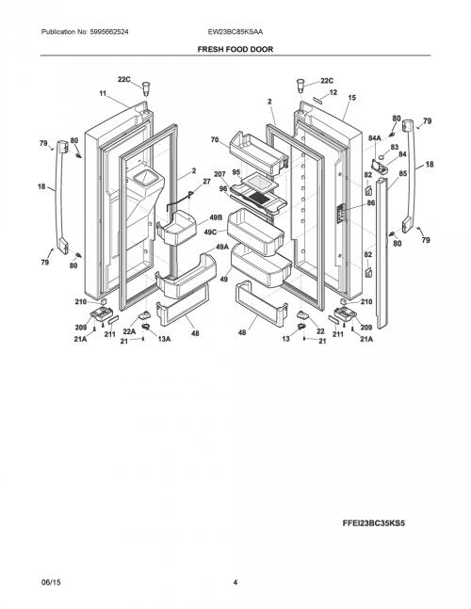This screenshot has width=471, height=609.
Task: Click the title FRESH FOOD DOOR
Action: tap(235, 49)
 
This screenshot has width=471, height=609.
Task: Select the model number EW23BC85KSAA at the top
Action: tap(235, 32)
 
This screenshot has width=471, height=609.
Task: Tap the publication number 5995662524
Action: tap(109, 32)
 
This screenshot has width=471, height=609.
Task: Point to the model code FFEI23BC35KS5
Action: tap(373, 523)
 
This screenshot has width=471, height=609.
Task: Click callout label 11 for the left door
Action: tap(103, 93)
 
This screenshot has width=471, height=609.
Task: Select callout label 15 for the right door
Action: tap(351, 98)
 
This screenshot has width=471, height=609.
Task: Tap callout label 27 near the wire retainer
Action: tap(206, 182)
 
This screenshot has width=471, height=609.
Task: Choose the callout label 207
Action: tap(219, 174)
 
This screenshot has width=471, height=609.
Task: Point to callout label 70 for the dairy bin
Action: tap(215, 140)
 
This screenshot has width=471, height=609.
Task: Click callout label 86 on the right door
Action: tap(371, 202)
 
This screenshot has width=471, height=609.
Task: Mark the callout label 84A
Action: tap(375, 137)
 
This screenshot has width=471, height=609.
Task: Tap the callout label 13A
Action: tap(164, 339)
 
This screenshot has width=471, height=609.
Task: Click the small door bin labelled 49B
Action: tap(177, 228)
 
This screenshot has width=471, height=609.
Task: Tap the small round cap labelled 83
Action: tap(382, 156)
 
